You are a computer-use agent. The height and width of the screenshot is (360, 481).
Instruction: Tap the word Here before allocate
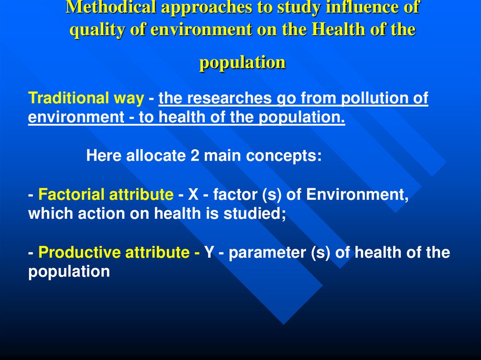pos(104,156)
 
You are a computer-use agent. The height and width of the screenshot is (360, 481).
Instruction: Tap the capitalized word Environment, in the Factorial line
pos(357,194)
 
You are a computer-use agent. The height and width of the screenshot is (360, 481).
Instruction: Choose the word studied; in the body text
pos(259,214)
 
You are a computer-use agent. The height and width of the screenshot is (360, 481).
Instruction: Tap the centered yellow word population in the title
pos(242,62)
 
